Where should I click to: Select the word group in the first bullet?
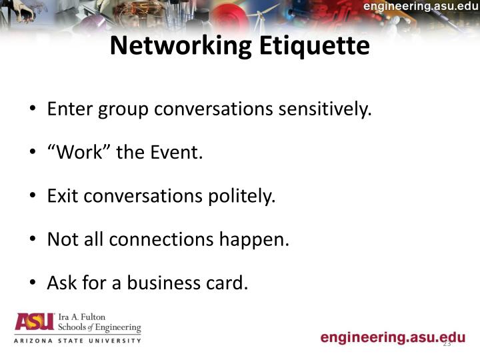click(123, 109)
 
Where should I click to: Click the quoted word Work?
click(79, 152)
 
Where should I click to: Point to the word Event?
click(175, 152)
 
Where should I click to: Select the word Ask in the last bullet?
click(62, 283)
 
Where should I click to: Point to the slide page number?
click(447, 344)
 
